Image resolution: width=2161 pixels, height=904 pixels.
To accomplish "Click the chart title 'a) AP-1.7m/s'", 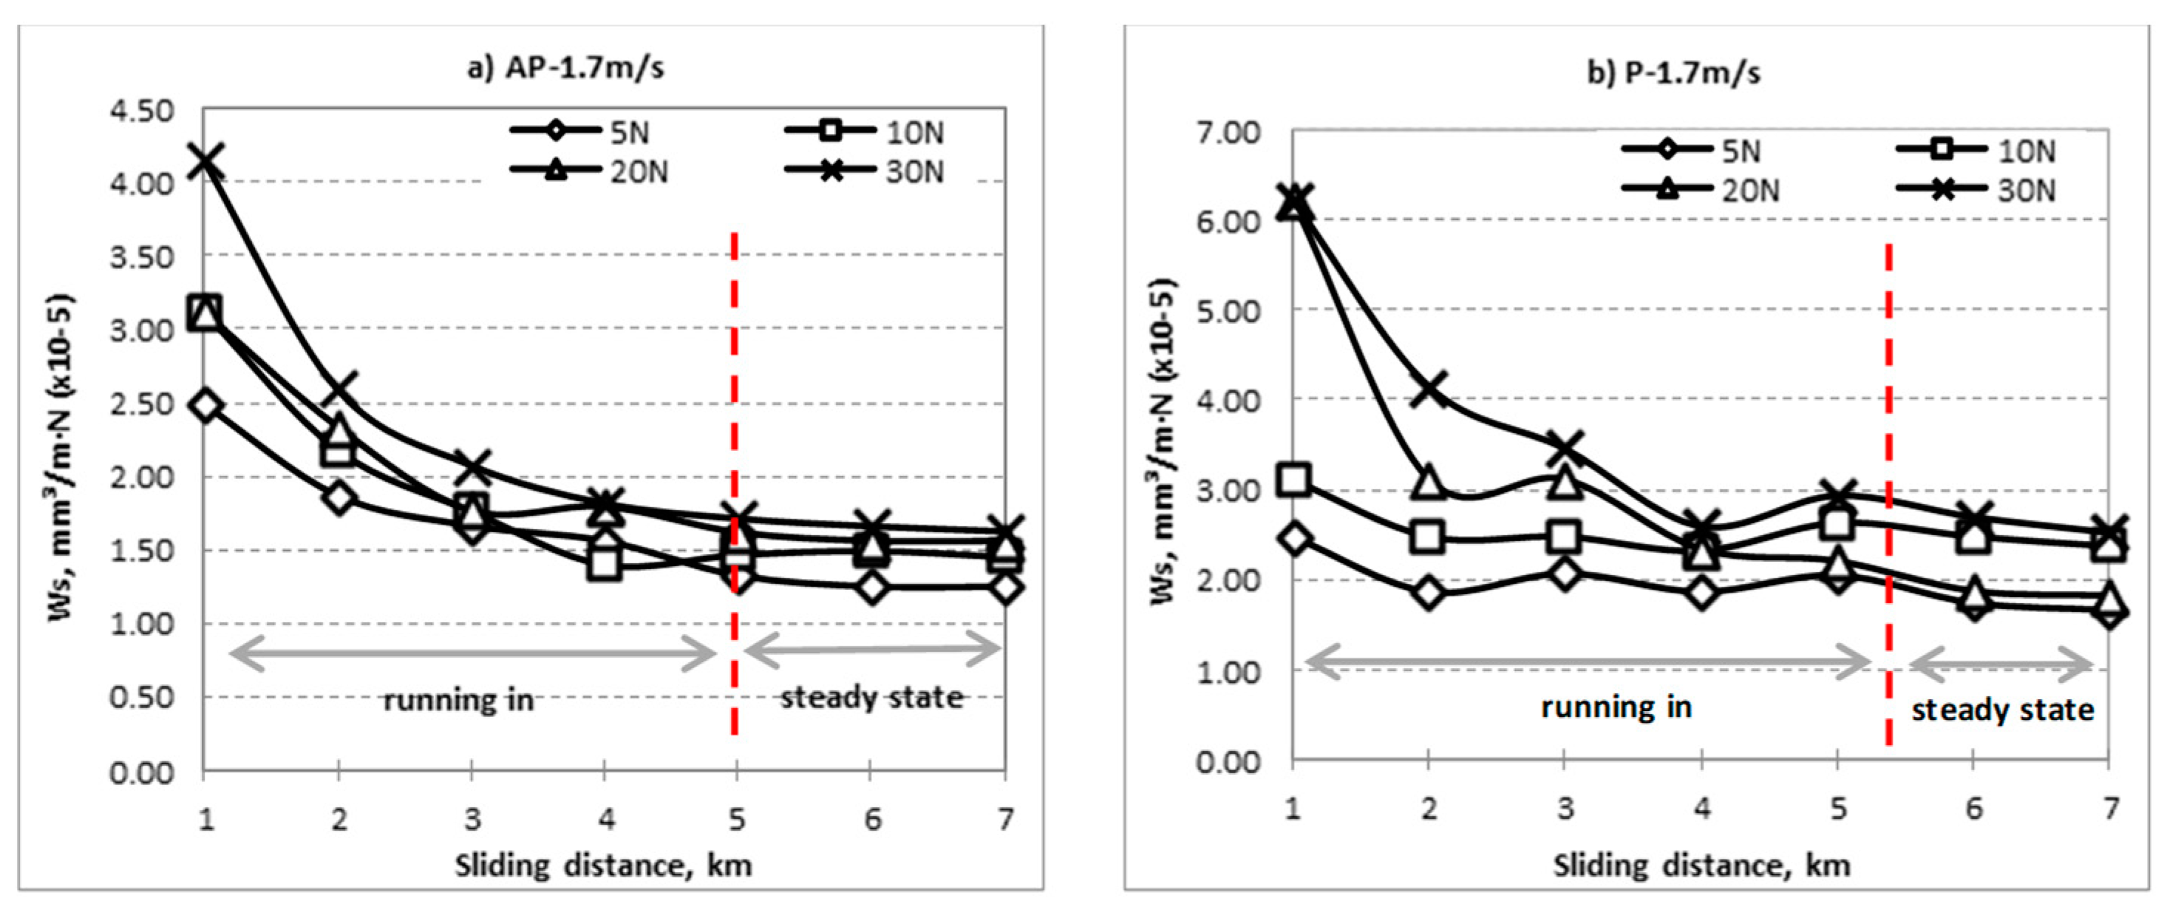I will tap(565, 68).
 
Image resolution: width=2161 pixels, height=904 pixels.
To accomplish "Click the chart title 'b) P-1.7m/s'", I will tap(1674, 74).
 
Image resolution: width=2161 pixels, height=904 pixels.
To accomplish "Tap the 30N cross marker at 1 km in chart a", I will tap(205, 159).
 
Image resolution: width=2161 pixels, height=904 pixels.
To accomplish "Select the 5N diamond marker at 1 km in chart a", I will tap(205, 405).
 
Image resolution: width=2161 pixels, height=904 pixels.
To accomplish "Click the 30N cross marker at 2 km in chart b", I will tap(1429, 389).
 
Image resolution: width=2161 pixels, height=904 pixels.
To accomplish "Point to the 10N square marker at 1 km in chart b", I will tap(1294, 480).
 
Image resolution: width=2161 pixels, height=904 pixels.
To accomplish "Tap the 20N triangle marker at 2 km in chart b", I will tap(1429, 483).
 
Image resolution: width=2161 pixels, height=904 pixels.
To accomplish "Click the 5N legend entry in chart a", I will tap(579, 132).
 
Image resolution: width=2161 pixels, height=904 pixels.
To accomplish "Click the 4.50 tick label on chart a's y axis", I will tap(142, 111).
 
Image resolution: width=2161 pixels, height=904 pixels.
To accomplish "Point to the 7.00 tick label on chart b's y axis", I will tap(1228, 132).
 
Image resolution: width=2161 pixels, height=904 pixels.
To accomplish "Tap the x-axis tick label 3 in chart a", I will tap(472, 818).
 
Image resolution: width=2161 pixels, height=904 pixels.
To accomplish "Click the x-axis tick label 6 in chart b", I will tap(1973, 809).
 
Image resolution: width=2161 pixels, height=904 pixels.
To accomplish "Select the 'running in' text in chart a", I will tap(458, 700).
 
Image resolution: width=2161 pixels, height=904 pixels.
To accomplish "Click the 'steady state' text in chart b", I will tap(2002, 710).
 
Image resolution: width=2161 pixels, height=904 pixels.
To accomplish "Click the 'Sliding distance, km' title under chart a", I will tap(603, 866).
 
